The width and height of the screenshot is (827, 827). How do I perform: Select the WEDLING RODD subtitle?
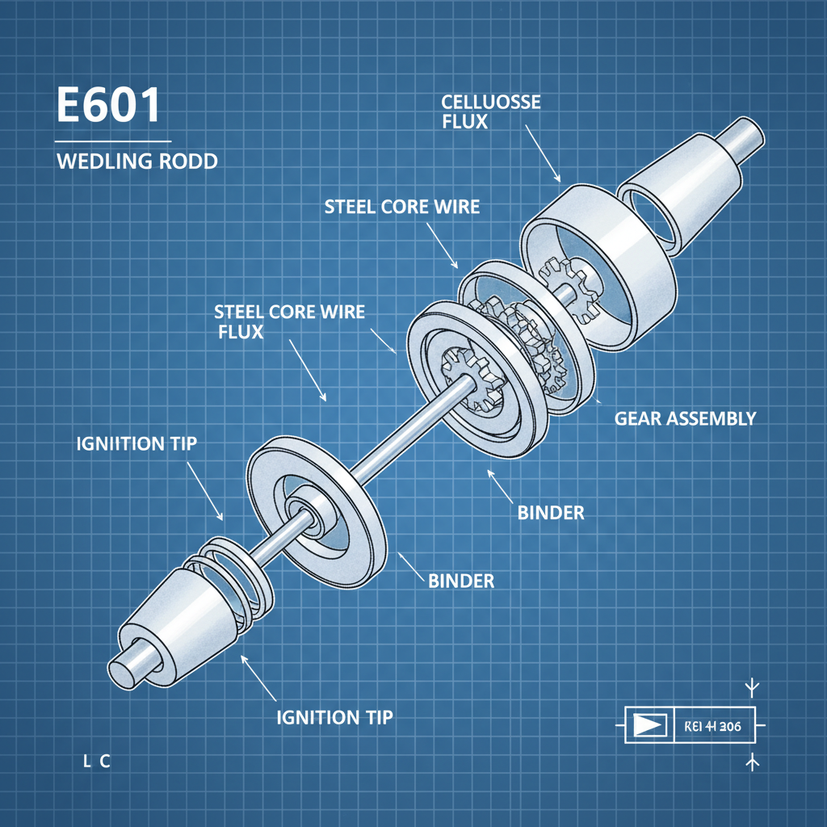pos(136,161)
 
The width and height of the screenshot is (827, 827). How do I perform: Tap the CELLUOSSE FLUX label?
pos(491,111)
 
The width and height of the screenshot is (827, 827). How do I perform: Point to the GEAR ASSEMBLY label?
pos(685,418)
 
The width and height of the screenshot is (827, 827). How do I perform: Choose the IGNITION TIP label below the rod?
pos(334,716)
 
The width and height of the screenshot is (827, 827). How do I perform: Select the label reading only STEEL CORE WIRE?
pos(401,207)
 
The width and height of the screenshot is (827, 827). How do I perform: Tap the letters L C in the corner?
pos(95,761)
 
